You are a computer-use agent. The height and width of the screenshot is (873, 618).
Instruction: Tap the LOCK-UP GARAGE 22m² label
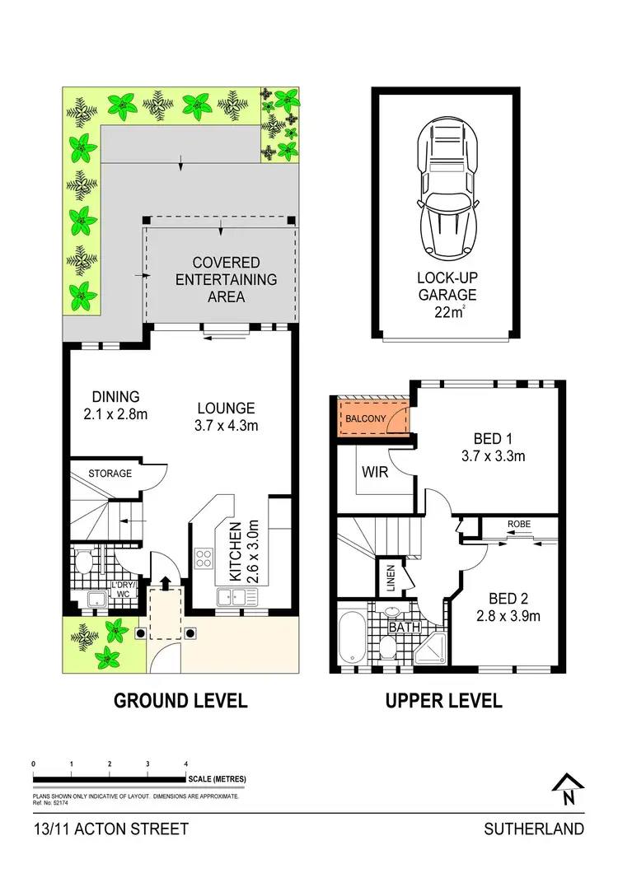(x=446, y=294)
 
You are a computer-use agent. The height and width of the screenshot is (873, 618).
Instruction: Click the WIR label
(x=374, y=474)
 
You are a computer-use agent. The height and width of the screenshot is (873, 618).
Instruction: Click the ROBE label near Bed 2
(x=518, y=523)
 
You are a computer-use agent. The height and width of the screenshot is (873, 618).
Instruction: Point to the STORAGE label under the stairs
(x=110, y=474)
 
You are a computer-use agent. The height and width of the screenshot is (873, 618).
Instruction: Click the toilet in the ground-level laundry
(x=82, y=563)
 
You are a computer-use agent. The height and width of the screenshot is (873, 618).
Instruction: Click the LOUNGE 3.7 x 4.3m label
(x=227, y=417)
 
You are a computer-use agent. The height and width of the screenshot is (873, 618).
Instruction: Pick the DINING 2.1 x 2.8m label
(x=115, y=405)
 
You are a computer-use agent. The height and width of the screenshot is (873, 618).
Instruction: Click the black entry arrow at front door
(x=165, y=583)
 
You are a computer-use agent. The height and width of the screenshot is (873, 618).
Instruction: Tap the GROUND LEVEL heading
(x=180, y=701)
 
